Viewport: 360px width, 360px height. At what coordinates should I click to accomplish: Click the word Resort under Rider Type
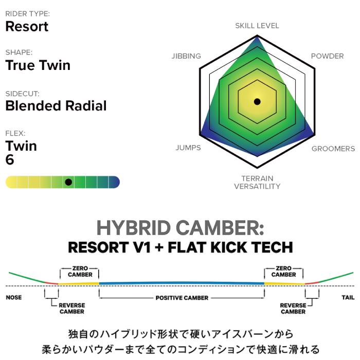[x=27, y=26]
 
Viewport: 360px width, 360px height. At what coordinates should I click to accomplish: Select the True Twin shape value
[x=38, y=65]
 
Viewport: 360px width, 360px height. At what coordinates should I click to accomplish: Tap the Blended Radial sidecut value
[x=56, y=105]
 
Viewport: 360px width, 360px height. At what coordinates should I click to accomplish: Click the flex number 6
[x=10, y=159]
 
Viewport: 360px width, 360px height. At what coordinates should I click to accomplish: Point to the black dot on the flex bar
[x=68, y=182]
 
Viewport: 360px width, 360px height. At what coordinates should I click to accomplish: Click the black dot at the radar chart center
[x=257, y=101]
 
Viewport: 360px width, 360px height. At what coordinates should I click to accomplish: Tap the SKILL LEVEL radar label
[x=257, y=26]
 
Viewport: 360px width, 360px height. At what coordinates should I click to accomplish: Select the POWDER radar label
[x=328, y=56]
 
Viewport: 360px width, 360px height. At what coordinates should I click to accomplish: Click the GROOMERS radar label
[x=333, y=149]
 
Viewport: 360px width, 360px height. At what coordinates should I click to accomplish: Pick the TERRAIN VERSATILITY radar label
[x=257, y=182]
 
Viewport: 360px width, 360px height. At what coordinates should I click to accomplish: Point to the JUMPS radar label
[x=188, y=148]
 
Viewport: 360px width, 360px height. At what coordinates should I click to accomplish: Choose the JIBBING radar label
[x=186, y=56]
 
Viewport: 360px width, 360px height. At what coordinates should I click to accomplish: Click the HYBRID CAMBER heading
[x=180, y=228]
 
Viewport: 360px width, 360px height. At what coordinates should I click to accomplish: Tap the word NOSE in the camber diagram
[x=14, y=297]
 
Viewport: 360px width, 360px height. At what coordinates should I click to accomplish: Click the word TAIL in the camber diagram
[x=348, y=297]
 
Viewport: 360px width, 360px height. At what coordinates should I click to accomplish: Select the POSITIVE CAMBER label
[x=182, y=298]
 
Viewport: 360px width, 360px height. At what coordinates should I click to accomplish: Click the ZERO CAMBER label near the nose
[x=80, y=272]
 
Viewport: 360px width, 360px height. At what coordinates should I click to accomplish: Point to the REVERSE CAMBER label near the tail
[x=293, y=309]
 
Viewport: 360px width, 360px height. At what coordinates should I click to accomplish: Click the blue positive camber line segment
[x=182, y=283]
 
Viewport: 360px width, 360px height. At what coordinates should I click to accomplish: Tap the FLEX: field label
[x=15, y=133]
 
